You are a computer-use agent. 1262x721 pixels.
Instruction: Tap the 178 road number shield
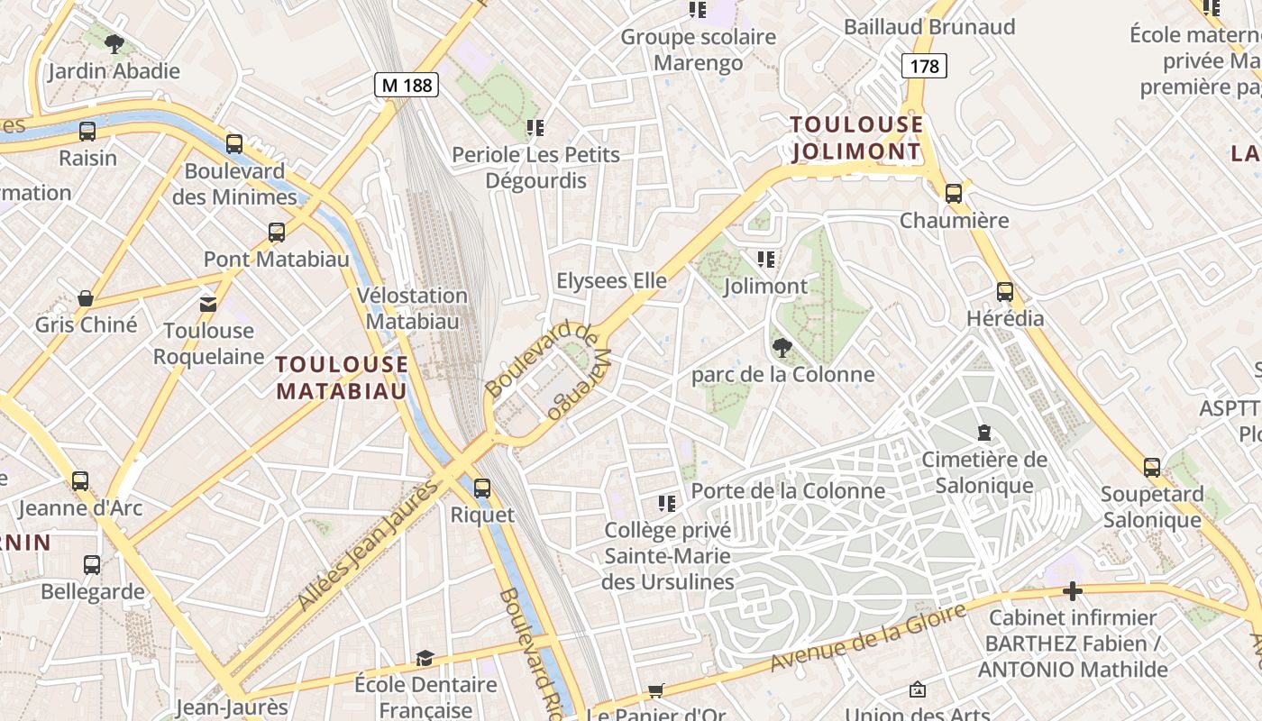point(924,66)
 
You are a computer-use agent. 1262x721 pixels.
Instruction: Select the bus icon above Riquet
point(482,488)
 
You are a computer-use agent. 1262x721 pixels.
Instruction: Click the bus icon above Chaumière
point(954,193)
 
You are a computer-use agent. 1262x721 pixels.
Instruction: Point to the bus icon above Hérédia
point(1005,292)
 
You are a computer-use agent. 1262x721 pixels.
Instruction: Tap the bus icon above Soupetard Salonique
point(1152,467)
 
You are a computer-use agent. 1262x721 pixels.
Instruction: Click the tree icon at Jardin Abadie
point(114,43)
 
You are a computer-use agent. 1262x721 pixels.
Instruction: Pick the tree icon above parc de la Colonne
point(782,348)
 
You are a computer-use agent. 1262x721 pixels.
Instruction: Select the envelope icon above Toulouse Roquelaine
point(208,304)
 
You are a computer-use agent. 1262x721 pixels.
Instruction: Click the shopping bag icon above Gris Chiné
point(86,298)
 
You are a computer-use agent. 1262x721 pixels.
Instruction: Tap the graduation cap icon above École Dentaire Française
point(425,659)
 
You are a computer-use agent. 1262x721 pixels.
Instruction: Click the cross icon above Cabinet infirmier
point(1072,592)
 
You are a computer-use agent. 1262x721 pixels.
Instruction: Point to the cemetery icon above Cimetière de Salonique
point(984,434)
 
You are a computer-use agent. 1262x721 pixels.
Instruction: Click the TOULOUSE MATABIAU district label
point(342,378)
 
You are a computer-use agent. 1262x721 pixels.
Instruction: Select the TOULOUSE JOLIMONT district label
point(856,138)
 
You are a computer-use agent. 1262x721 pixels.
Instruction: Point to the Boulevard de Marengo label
point(546,370)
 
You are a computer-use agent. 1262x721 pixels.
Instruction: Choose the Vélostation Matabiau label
point(412,308)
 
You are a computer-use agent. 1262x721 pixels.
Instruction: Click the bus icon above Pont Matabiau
point(277,233)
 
